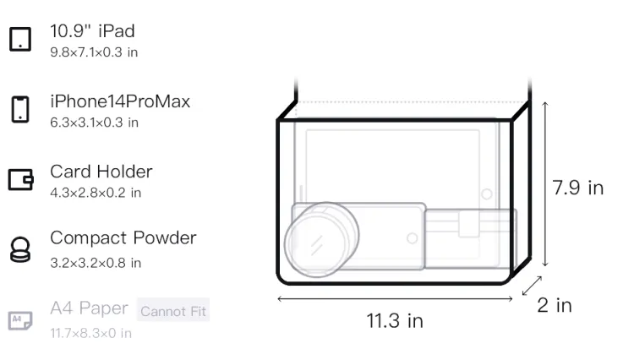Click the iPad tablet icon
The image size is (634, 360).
tap(20, 39)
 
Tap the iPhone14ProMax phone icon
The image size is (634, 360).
tap(20, 109)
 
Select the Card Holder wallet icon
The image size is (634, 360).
tap(20, 179)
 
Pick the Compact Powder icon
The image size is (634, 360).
tap(20, 249)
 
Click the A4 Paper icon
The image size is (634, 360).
tap(20, 321)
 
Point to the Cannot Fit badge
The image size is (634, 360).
tap(173, 311)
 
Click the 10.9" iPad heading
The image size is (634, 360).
tap(92, 31)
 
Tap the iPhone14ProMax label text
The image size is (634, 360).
tap(120, 101)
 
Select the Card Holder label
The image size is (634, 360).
tap(101, 172)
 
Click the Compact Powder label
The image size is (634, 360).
tap(123, 238)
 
